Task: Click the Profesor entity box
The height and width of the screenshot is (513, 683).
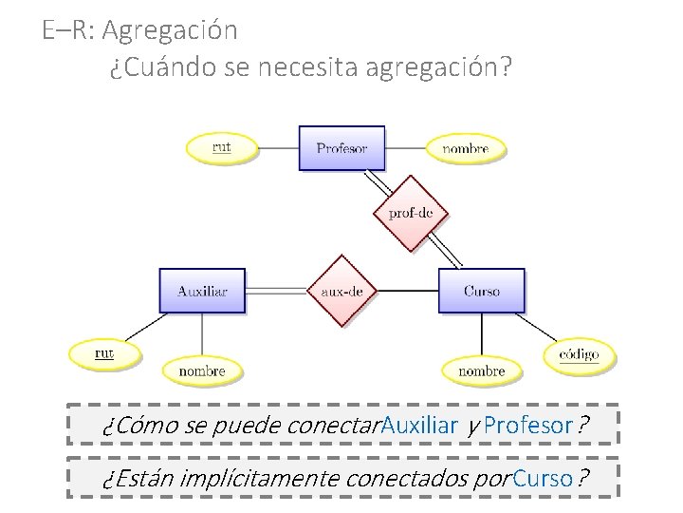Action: [x=341, y=147]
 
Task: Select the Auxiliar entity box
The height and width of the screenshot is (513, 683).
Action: [x=202, y=290]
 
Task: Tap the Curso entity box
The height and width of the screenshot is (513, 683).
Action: [x=481, y=290]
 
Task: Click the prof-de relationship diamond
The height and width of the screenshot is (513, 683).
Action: [x=410, y=213]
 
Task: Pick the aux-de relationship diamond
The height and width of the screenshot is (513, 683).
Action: [x=341, y=291]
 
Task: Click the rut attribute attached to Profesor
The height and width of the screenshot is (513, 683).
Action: [x=221, y=147]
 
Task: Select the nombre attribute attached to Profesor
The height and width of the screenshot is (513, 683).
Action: [x=465, y=148]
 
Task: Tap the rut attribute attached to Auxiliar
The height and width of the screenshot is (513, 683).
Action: [x=104, y=353]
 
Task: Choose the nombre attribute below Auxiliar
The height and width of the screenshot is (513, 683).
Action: [x=201, y=370]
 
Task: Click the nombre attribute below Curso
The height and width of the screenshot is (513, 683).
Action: [x=481, y=370]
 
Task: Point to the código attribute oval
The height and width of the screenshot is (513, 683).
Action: [x=579, y=354]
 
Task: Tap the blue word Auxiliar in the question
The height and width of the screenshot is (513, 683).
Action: [x=419, y=425]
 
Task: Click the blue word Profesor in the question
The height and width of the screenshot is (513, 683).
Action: [x=528, y=425]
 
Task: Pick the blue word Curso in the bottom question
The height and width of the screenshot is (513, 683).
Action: [x=543, y=478]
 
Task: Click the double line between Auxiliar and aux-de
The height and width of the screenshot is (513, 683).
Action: [x=276, y=290]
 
